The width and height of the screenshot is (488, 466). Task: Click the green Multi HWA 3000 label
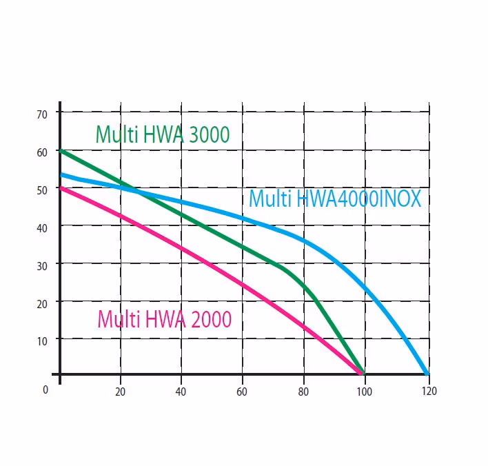tap(162, 134)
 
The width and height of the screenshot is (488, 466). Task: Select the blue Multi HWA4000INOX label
tap(334, 199)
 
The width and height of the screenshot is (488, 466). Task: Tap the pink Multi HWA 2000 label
tap(164, 320)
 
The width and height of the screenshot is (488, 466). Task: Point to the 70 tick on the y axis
tap(43, 114)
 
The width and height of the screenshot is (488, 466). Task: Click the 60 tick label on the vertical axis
tap(43, 152)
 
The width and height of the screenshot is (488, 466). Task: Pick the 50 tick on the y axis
tap(43, 189)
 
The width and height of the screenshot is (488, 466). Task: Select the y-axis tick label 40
tap(43, 227)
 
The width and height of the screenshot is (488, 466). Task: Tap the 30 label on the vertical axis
tap(43, 265)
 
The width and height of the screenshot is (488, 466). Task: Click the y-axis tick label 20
tap(43, 303)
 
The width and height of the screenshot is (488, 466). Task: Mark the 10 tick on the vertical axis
tap(43, 340)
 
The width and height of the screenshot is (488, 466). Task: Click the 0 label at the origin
tap(45, 389)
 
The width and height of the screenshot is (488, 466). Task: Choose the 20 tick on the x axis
tap(121, 391)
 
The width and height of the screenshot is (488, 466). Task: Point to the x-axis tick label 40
tap(181, 391)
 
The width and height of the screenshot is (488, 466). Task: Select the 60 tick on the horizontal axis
tap(242, 391)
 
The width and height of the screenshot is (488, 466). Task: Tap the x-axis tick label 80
tap(303, 391)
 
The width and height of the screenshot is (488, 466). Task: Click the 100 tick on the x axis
tap(363, 391)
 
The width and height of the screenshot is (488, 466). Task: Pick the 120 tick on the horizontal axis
tap(429, 391)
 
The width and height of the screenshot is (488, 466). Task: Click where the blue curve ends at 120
tap(427, 374)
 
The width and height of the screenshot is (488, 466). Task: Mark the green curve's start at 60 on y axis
tap(61, 150)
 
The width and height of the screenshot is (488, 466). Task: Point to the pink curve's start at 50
tap(61, 188)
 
